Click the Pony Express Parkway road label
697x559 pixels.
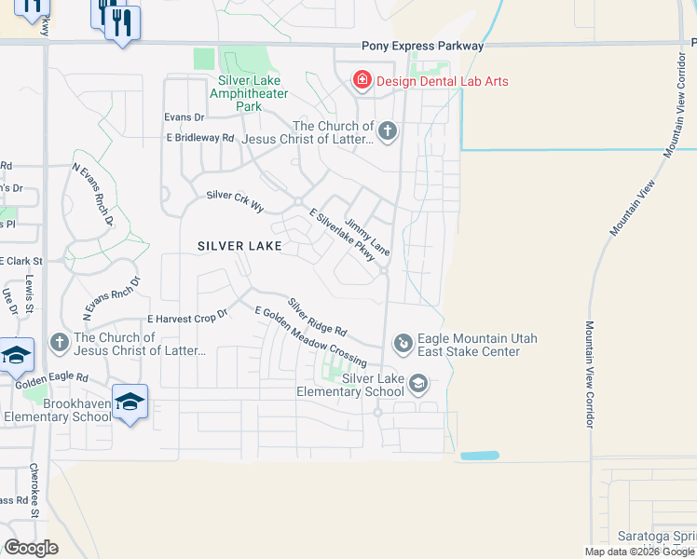423,46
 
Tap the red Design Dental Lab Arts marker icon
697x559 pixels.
362,81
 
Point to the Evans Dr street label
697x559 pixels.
184,116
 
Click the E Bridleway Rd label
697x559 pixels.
200,137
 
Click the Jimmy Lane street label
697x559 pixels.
367,239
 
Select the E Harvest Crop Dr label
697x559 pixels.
187,319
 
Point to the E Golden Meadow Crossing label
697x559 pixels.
309,337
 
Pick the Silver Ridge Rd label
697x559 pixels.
317,318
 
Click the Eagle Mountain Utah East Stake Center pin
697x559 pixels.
403,345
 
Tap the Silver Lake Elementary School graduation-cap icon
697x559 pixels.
419,383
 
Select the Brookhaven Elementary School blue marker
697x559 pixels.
130,402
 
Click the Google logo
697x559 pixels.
31,548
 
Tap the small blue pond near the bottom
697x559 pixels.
480,456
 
